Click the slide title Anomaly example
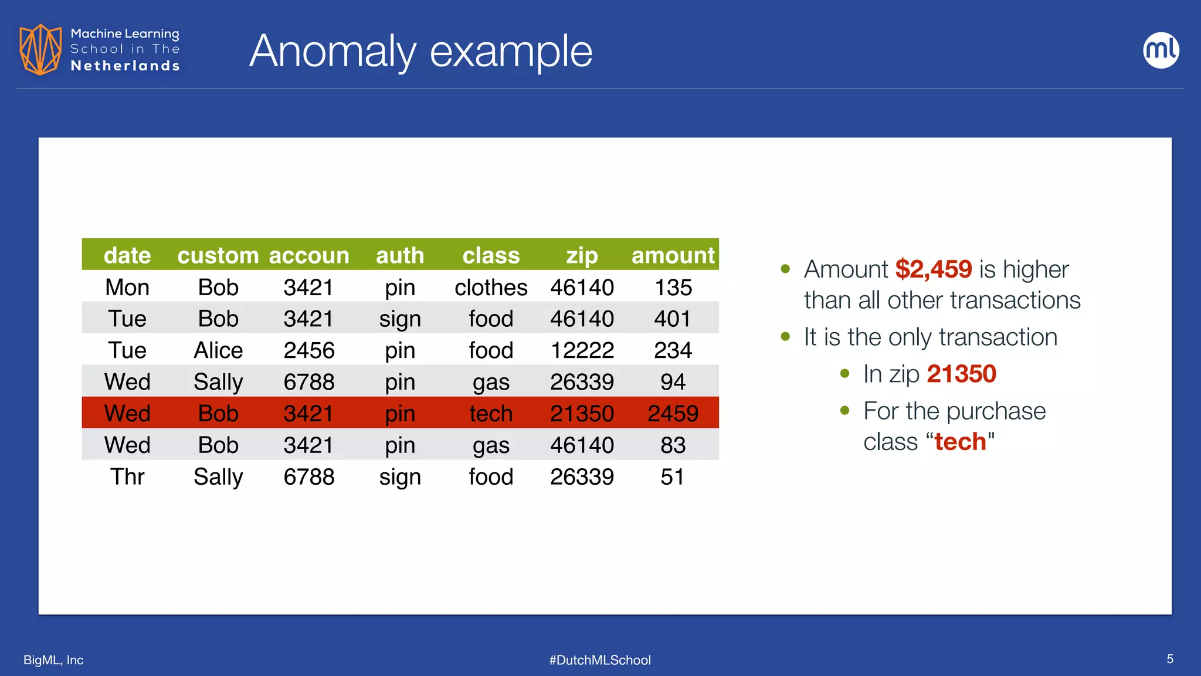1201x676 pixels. coord(420,51)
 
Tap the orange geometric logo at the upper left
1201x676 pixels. coord(40,49)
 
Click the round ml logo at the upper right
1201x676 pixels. coord(1161,50)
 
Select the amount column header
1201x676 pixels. coord(673,255)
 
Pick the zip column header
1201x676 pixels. coord(582,255)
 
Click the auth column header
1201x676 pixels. coord(400,255)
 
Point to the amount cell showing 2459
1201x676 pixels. coord(673,413)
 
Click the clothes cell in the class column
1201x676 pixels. coord(491,287)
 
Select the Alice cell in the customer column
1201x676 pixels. coord(218,350)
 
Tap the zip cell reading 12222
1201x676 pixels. coord(582,350)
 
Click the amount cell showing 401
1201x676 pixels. coord(673,319)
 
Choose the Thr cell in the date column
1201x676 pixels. coord(127,476)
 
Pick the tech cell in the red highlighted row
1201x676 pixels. coord(491,413)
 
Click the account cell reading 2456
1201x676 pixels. coord(309,350)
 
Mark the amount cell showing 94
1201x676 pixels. coord(673,382)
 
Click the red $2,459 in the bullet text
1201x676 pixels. coord(933,269)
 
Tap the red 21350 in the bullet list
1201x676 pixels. coord(961,374)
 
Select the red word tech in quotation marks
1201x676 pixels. coord(960,441)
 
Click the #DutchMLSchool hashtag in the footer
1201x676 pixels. coord(600,660)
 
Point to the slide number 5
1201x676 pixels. coord(1169,659)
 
